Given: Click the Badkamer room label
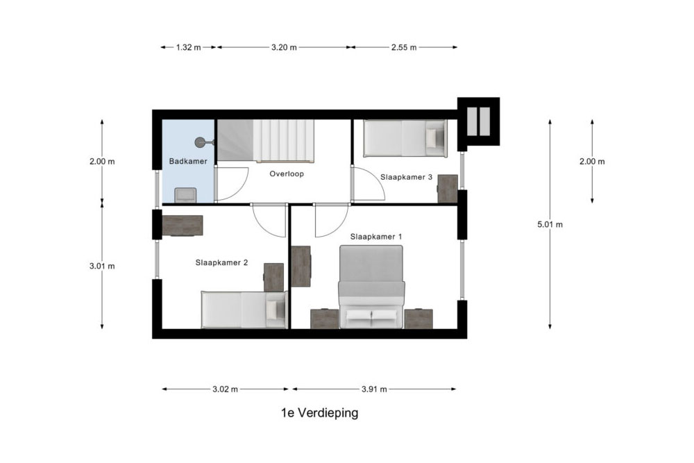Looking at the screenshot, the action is tap(188, 162).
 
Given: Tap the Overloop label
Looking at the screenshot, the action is tap(287, 174).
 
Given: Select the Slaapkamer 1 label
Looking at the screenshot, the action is tap(376, 237).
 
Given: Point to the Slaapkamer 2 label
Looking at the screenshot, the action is tap(222, 262).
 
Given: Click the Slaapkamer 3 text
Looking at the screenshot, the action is tap(406, 177).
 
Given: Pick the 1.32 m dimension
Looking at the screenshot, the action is tap(189, 47).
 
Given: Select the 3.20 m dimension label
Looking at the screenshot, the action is tap(284, 47).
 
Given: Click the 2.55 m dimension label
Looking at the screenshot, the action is tap(404, 47).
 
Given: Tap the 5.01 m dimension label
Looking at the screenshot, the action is tap(550, 224).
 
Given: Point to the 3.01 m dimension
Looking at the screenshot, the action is tap(102, 266).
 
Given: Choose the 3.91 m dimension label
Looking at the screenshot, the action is tap(374, 389).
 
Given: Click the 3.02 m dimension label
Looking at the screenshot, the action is tap(226, 389).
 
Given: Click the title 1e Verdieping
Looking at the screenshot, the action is tap(319, 413).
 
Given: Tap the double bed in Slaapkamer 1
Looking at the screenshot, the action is tap(371, 287).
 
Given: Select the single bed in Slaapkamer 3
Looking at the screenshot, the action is tap(405, 139).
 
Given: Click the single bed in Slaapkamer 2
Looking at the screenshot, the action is tap(244, 310).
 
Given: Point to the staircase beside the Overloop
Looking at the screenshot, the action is tap(265, 141).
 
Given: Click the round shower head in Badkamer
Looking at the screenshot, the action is tap(200, 142).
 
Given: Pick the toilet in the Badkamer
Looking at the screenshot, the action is tap(185, 195).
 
